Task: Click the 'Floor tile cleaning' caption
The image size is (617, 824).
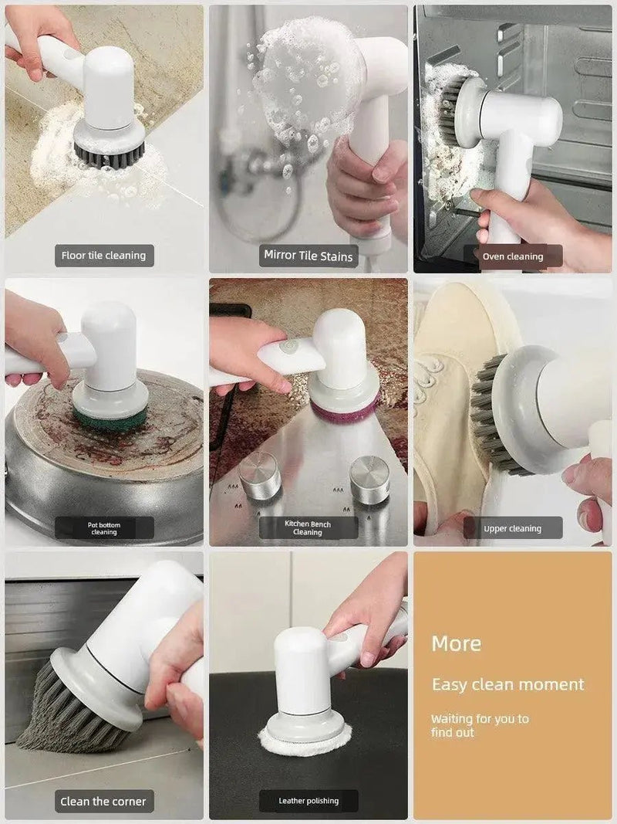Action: click(x=104, y=256)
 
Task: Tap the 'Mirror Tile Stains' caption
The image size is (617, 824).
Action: click(x=308, y=256)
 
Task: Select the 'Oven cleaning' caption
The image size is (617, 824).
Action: click(x=513, y=256)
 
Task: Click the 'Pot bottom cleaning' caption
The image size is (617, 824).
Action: click(x=104, y=528)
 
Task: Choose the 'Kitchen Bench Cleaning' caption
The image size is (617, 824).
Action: click(x=308, y=528)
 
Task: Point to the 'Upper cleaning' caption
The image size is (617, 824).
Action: click(x=513, y=529)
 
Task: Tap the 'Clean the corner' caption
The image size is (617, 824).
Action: click(x=104, y=801)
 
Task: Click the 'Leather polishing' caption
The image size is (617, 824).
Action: click(x=308, y=801)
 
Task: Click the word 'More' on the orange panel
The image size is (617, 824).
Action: click(x=456, y=643)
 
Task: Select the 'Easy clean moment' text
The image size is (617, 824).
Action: click(x=507, y=684)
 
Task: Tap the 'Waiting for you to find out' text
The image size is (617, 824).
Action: click(x=480, y=725)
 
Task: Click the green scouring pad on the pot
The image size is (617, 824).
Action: click(x=109, y=419)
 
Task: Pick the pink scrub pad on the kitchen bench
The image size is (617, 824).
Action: click(x=344, y=409)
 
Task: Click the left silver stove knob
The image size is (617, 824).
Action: click(x=260, y=476)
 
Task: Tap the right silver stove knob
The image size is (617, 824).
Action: click(x=369, y=480)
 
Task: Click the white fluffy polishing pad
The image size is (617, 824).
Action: click(x=305, y=741)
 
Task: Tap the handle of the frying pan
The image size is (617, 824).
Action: click(x=8, y=473)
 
